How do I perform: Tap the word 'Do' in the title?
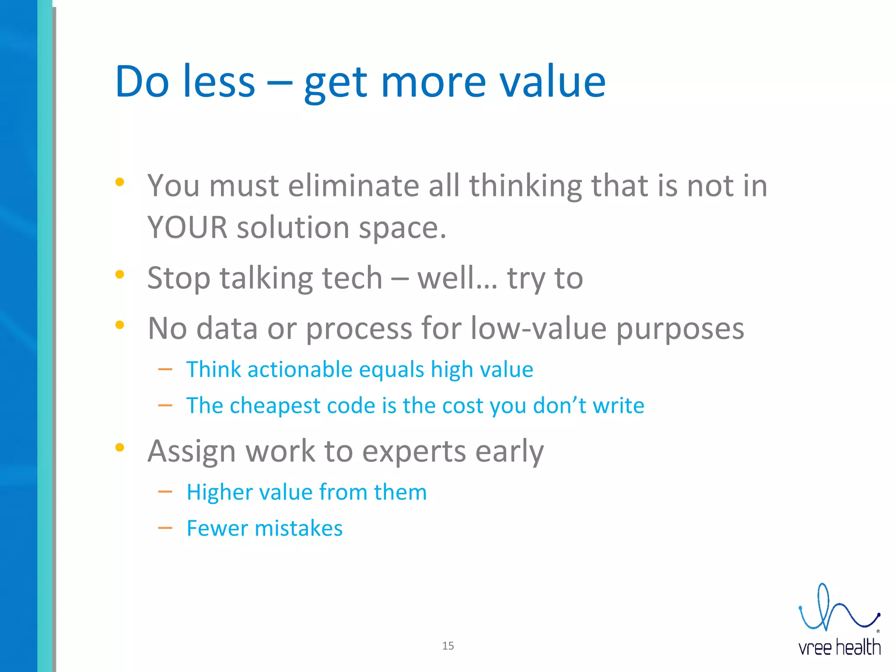click(142, 82)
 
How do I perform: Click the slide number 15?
click(448, 646)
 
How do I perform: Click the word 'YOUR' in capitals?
click(187, 227)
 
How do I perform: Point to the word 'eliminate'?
click(353, 186)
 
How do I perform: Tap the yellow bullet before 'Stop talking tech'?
click(119, 275)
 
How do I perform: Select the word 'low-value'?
click(538, 328)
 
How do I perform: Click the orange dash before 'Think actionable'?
click(165, 370)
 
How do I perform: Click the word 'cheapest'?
click(274, 406)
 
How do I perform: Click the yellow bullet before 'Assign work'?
click(119, 447)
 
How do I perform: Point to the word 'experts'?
click(414, 451)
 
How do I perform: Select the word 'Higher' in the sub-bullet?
click(219, 492)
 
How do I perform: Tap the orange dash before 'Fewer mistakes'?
click(165, 528)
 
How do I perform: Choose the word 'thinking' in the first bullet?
click(525, 186)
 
